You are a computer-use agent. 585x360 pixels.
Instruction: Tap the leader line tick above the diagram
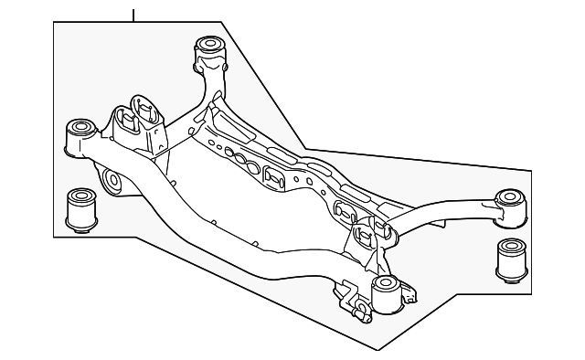pos(134,13)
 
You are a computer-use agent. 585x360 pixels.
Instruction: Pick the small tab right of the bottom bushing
pos(413,294)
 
